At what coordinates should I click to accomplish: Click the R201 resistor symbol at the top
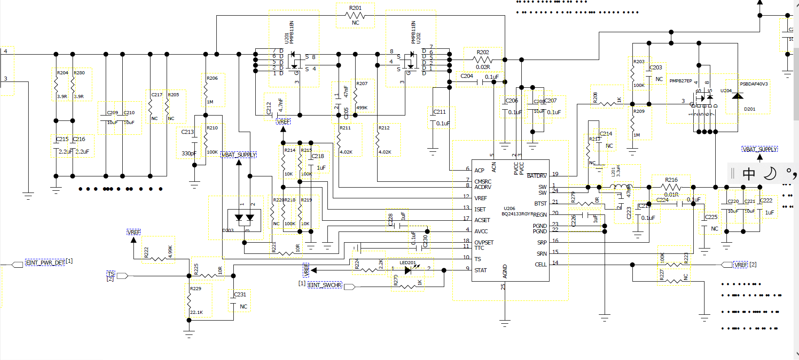pyautogui.click(x=355, y=15)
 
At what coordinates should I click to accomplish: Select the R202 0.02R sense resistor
pyautogui.click(x=482, y=60)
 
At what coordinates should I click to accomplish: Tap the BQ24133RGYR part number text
pyautogui.click(x=517, y=214)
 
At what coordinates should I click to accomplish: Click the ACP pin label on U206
pyautogui.click(x=479, y=171)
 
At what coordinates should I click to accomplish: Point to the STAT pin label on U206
pyautogui.click(x=480, y=270)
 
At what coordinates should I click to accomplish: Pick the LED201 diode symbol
pyautogui.click(x=408, y=270)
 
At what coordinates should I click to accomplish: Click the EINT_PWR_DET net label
pyautogui.click(x=45, y=262)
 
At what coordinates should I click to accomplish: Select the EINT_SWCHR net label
pyautogui.click(x=325, y=285)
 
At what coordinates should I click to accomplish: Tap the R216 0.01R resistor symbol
pyautogui.click(x=671, y=187)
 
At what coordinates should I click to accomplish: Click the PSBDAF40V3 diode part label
pyautogui.click(x=754, y=84)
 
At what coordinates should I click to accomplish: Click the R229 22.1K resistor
pyautogui.click(x=189, y=300)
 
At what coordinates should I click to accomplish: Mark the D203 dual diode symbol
pyautogui.click(x=245, y=218)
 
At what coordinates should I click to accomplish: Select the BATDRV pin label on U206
pyautogui.click(x=537, y=176)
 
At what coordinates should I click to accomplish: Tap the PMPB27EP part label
pyautogui.click(x=680, y=81)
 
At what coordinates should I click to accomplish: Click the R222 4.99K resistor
pyautogui.click(x=158, y=258)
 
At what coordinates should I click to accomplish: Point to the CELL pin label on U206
pyautogui.click(x=541, y=265)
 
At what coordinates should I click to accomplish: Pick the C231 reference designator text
pyautogui.click(x=240, y=295)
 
